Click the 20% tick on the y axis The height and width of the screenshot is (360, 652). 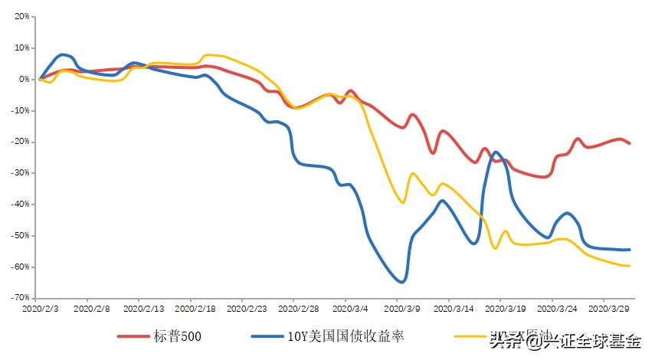tap(21, 16)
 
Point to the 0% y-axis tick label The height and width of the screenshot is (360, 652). tap(23, 79)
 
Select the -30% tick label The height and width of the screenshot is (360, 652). tap(20, 173)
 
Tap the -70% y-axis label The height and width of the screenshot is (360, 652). tap(20, 298)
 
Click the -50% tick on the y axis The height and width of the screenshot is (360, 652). tap(20, 235)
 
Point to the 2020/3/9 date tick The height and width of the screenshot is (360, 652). tap(401, 309)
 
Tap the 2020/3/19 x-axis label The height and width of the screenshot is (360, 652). tap(504, 309)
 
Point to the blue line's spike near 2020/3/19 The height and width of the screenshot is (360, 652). tap(496, 152)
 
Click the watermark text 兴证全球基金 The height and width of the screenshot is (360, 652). tap(593, 342)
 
